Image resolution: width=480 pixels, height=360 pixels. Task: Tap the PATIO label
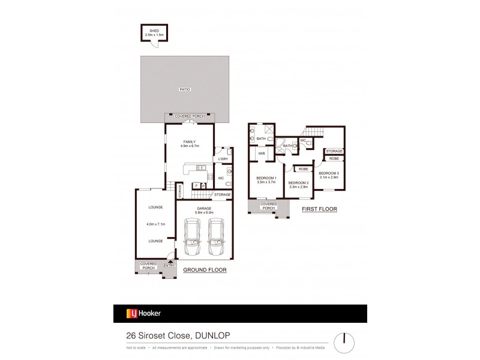tap(184, 89)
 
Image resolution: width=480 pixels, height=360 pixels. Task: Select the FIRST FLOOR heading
tap(319, 209)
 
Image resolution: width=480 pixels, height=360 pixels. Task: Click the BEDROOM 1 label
tap(266, 178)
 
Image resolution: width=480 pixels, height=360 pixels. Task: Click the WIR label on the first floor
tap(262, 154)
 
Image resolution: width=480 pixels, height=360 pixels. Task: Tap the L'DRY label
tap(223, 158)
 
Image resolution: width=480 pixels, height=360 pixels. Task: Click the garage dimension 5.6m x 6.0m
tap(205, 214)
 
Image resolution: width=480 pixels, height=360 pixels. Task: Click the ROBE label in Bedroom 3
tap(334, 158)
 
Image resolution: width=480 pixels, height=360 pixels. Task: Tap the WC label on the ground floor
tap(221, 178)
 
